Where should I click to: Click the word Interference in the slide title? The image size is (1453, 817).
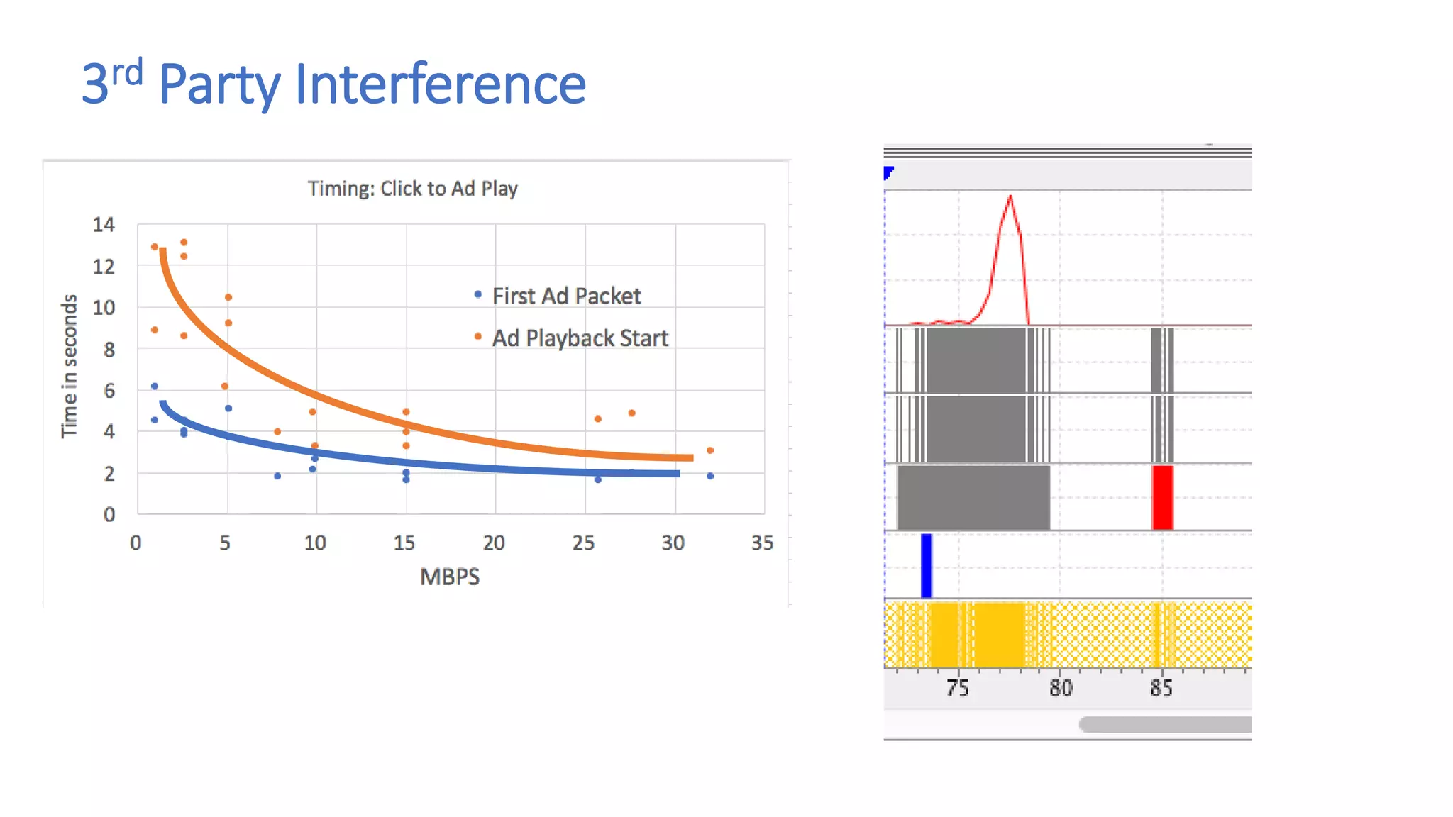coord(440,84)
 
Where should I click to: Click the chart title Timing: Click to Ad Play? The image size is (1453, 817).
coord(412,189)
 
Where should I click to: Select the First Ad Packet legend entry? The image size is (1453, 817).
coord(565,296)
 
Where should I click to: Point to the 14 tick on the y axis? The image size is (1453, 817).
coord(104,225)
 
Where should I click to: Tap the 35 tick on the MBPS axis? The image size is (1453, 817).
coord(763,543)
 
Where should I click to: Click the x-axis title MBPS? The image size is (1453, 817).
coord(450,577)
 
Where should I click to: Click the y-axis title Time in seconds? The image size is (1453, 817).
coord(69,367)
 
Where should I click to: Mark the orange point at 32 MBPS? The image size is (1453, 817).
coord(710,450)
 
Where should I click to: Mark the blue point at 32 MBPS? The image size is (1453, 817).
coord(710,476)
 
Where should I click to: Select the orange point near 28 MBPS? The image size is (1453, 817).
coord(631,413)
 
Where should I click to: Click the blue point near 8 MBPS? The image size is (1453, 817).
coord(277,476)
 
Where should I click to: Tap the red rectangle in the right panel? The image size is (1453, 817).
coord(1162,497)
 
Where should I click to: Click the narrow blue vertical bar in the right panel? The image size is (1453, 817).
coord(926,565)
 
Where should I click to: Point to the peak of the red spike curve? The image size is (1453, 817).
coord(1010,196)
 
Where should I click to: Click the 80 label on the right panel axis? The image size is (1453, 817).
coord(1061,688)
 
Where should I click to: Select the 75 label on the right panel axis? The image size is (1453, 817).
coord(957,688)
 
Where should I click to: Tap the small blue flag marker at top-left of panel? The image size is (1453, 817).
coord(888,172)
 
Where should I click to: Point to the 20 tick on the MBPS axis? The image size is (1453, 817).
coord(494,543)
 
